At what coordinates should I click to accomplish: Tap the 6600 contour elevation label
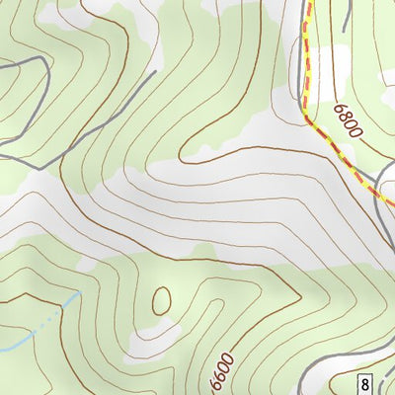(223, 372)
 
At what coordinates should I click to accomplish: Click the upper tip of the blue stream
(76, 293)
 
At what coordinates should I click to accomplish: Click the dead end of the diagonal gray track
(156, 72)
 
